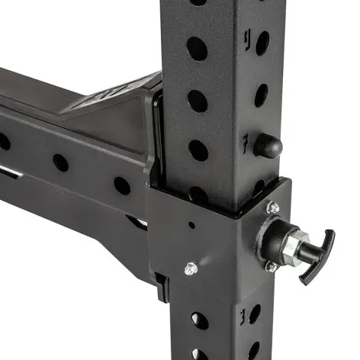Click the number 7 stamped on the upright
[x=244, y=142]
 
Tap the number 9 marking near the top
[x=246, y=36]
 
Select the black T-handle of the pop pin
[x=314, y=258]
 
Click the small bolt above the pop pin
[x=272, y=206]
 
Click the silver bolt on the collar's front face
[x=191, y=268]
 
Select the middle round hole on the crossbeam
[x=60, y=162]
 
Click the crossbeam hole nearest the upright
[x=121, y=185]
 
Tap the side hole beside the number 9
[x=262, y=42]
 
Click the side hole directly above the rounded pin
[x=262, y=94]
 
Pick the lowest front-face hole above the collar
[x=197, y=149]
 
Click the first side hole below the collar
[x=256, y=313]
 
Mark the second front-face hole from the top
[x=197, y=48]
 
